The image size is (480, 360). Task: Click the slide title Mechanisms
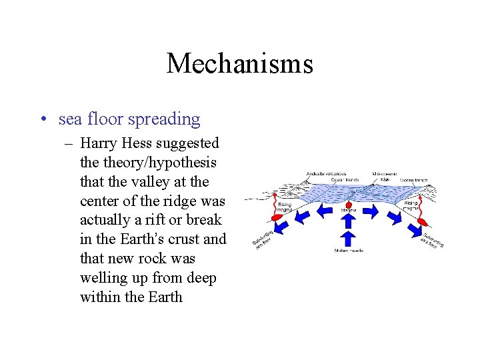(x=239, y=63)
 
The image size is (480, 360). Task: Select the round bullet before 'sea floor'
(x=43, y=120)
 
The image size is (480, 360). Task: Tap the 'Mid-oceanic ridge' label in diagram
(x=385, y=176)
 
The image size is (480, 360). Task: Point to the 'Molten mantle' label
(x=349, y=251)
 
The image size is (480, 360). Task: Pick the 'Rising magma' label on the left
(x=285, y=207)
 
